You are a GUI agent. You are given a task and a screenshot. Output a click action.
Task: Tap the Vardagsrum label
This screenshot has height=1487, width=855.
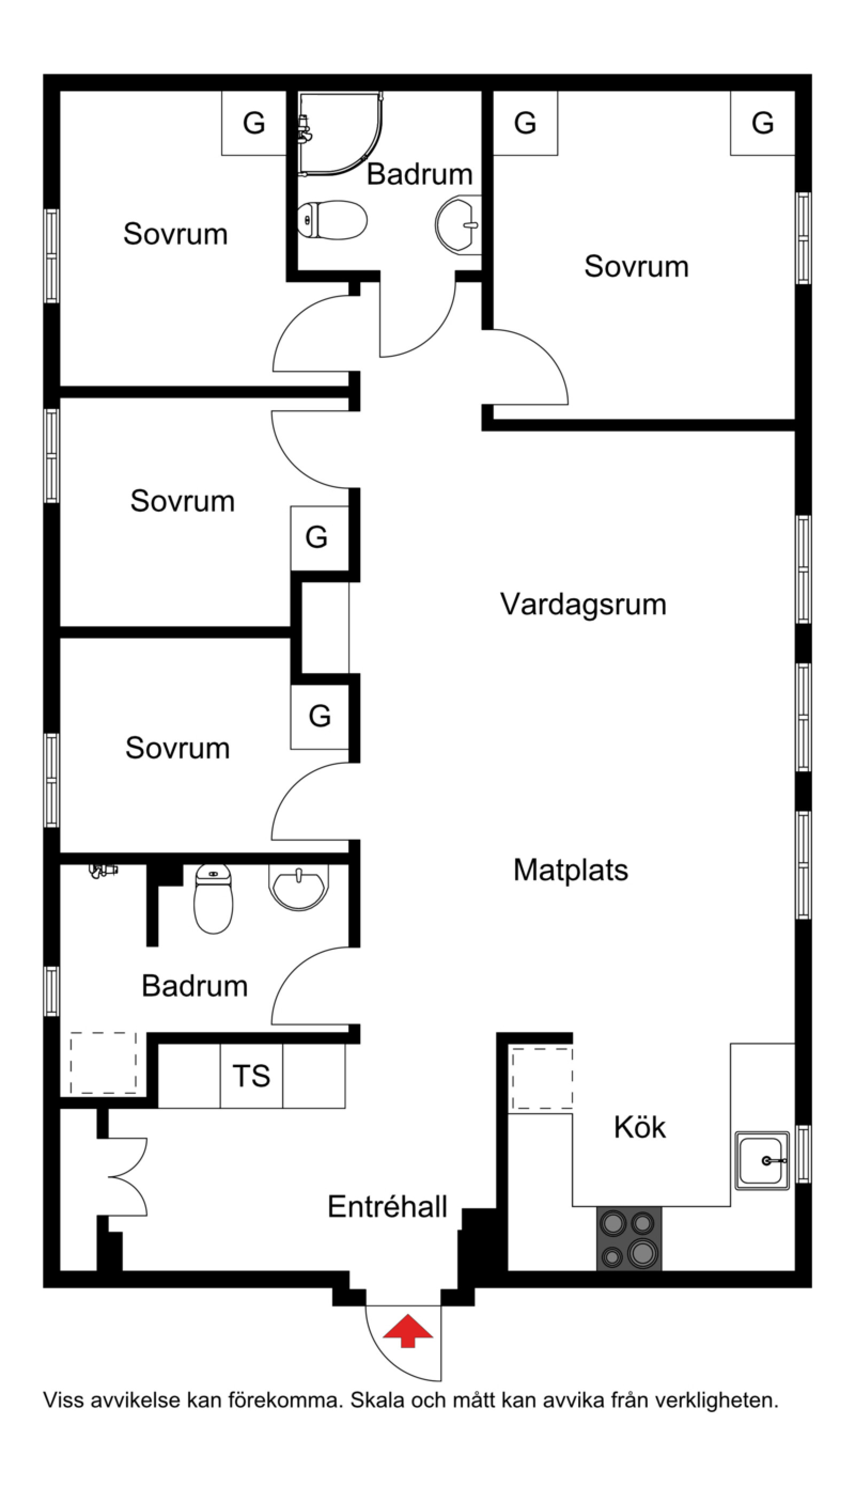(x=583, y=605)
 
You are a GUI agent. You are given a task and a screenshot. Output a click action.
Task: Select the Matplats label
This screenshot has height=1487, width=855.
(x=570, y=870)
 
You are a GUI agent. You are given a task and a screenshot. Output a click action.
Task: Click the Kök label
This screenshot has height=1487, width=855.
(x=640, y=1128)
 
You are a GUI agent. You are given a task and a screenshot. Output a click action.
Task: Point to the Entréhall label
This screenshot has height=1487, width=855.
(x=387, y=1207)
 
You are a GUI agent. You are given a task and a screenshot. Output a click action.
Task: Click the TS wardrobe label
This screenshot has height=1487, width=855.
(x=251, y=1076)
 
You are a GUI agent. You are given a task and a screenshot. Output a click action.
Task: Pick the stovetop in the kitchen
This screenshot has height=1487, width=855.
(x=629, y=1239)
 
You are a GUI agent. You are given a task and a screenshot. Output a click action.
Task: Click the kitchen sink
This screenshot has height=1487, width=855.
(x=761, y=1161)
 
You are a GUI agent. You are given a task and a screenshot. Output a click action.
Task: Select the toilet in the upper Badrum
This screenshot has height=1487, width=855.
(x=332, y=220)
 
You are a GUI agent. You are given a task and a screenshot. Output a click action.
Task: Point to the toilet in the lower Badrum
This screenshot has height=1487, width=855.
(x=213, y=898)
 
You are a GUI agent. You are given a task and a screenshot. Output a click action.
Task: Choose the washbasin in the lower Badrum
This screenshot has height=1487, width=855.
(x=299, y=886)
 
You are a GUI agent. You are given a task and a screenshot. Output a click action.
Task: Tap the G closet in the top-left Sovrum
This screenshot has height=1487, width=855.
(x=254, y=123)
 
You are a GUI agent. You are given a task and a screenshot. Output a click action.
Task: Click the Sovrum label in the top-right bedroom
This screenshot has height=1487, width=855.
(x=636, y=267)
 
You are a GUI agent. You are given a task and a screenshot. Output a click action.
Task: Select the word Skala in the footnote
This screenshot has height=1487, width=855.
(x=378, y=1400)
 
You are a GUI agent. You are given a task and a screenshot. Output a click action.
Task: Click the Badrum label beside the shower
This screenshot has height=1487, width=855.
(x=419, y=174)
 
